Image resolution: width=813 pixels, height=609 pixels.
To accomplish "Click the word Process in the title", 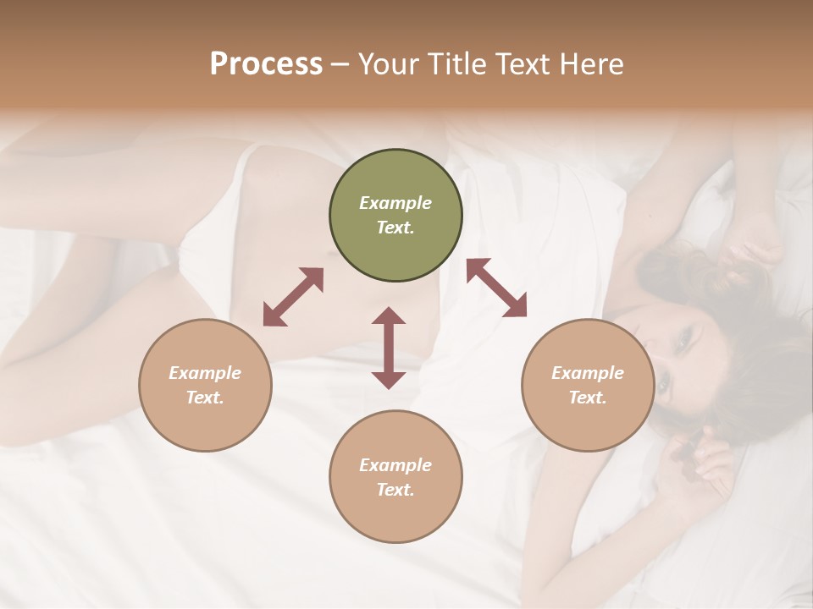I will (266, 64).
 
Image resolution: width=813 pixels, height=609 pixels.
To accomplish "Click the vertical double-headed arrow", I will (389, 348).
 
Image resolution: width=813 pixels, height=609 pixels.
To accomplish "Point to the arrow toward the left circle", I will (293, 297).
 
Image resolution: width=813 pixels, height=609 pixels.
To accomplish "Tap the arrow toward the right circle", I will (496, 288).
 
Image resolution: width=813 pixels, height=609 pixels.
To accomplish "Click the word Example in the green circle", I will (395, 203).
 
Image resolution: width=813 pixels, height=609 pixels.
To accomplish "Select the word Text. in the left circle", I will (205, 398).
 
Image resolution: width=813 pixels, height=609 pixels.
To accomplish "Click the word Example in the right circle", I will (588, 373).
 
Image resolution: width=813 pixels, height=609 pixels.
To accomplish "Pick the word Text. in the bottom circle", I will (395, 490).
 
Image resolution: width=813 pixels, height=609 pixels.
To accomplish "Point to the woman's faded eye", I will (683, 339).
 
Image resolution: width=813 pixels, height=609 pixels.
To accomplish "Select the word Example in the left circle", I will (205, 373).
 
